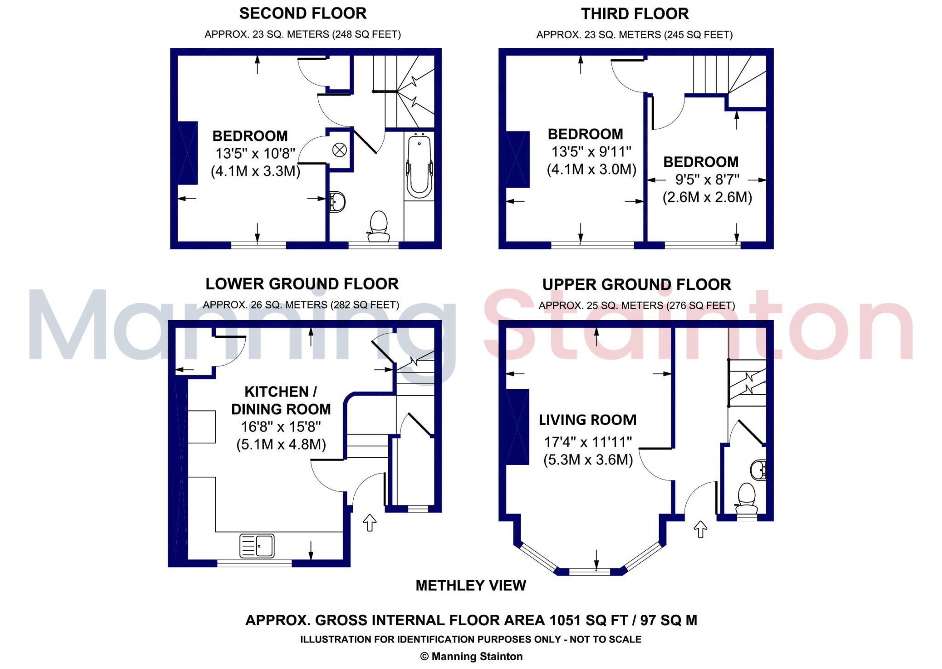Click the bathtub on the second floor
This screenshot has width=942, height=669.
[x=419, y=166]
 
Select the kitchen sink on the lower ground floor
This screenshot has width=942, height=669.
[x=257, y=546]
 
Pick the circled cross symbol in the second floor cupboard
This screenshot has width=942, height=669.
[x=339, y=150]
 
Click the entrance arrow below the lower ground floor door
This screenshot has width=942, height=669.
[x=370, y=523]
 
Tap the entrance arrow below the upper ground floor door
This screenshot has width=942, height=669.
[x=700, y=529]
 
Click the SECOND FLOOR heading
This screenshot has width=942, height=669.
[x=303, y=14]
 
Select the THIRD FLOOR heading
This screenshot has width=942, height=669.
[x=635, y=14]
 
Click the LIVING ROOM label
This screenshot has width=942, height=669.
[x=587, y=420]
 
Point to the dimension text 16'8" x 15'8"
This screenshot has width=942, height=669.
[x=281, y=427]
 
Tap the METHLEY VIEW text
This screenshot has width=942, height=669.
[x=471, y=585]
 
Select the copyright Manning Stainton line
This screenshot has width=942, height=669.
[x=471, y=657]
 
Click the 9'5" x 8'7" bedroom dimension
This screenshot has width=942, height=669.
[x=707, y=179]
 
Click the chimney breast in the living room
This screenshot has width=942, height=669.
[x=517, y=427]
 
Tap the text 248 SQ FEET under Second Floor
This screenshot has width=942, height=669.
[x=366, y=35]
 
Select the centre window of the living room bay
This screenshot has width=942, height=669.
[x=590, y=572]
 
